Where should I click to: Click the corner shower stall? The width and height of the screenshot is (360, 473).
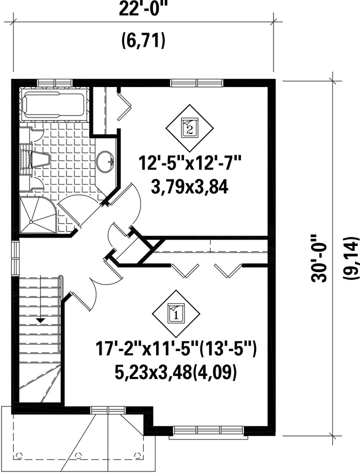pos(38,214)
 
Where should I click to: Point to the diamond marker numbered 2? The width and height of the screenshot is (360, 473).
pos(190,128)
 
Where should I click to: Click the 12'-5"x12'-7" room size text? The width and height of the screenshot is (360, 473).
pos(190,164)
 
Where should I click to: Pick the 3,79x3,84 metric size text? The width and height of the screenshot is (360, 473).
pos(190,188)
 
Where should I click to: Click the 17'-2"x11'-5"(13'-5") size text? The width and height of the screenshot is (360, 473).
pos(176,349)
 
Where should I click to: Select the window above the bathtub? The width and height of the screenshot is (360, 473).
pos(55,82)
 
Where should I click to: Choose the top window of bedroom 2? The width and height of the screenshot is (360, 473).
pos(196,82)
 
